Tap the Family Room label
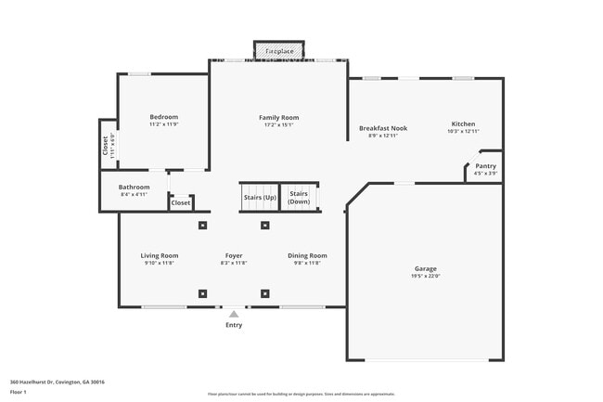[x=278, y=118]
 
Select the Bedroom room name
[x=163, y=117]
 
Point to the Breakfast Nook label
[x=383, y=128]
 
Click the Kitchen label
[x=463, y=124]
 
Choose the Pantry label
[x=485, y=166]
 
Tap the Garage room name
[x=425, y=268]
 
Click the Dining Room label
[x=306, y=255]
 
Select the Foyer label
[x=234, y=255]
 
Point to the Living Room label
[x=160, y=255]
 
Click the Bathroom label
[x=134, y=187]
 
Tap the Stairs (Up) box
[x=259, y=198]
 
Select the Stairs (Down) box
[x=299, y=198]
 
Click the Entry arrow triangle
[x=234, y=315]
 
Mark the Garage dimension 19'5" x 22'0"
[x=425, y=276]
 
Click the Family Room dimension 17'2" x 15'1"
[x=278, y=125]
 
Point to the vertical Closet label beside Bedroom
[x=105, y=147]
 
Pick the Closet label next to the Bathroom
[x=181, y=202]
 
